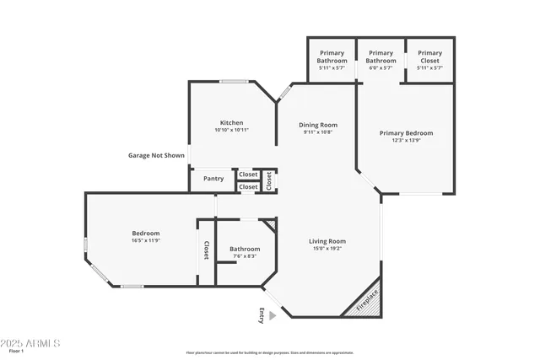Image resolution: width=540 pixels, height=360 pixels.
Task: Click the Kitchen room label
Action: click(231, 122)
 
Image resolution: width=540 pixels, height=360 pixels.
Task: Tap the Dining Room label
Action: click(318, 125)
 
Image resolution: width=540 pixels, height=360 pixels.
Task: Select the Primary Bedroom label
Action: click(406, 133)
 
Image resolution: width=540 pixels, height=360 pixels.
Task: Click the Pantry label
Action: click(213, 178)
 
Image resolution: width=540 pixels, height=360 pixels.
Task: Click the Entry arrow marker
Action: click(272, 315)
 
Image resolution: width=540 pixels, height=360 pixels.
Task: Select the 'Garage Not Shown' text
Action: click(156, 155)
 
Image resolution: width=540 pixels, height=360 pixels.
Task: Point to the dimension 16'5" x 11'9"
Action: click(146, 241)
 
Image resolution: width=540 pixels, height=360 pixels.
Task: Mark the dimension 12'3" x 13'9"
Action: click(406, 141)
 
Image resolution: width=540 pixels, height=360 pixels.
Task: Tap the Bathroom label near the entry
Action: click(245, 249)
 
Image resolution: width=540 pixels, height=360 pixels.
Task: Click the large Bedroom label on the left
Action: click(145, 233)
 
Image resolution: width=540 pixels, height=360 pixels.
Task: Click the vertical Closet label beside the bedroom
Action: click(206, 250)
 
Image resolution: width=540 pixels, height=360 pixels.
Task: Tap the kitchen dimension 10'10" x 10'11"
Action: click(231, 130)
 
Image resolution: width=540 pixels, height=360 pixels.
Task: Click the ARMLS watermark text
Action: click(32, 343)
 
